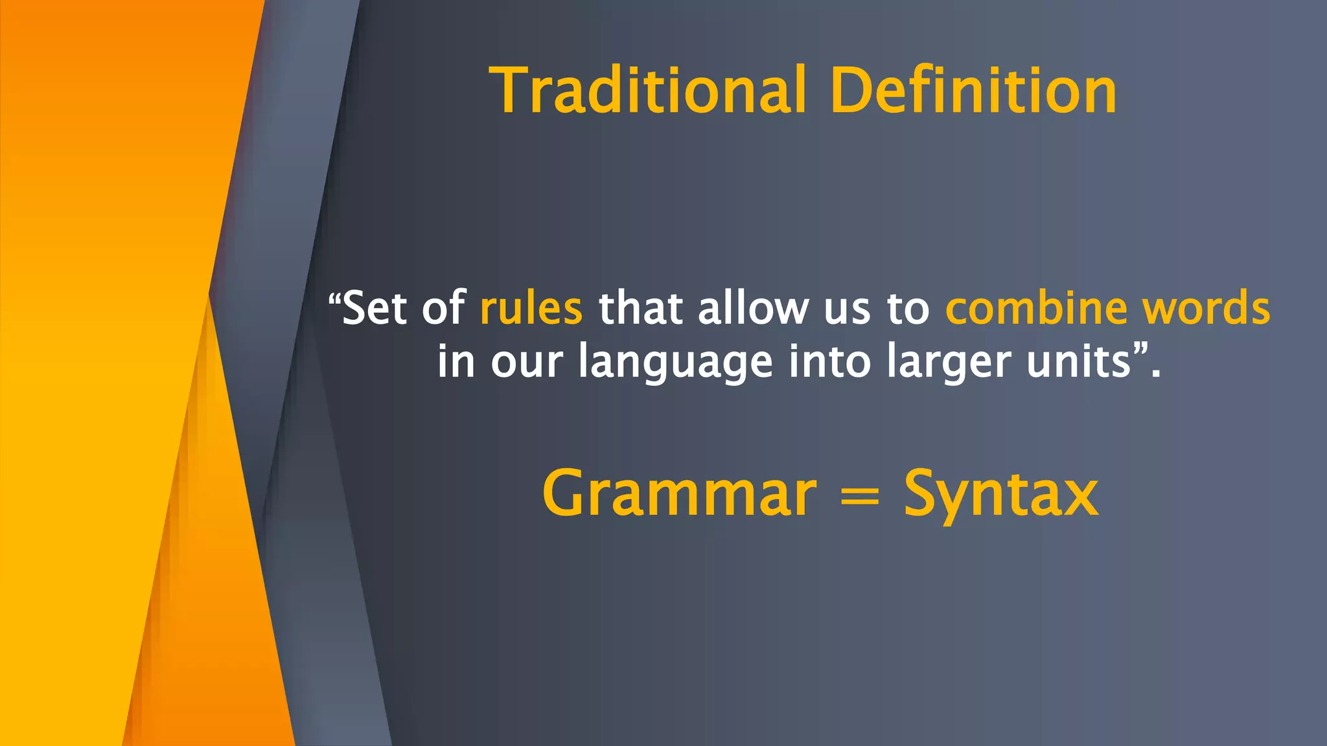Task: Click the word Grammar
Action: pos(679,495)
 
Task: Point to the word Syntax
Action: pos(1001,495)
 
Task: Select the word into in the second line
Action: pos(829,361)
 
